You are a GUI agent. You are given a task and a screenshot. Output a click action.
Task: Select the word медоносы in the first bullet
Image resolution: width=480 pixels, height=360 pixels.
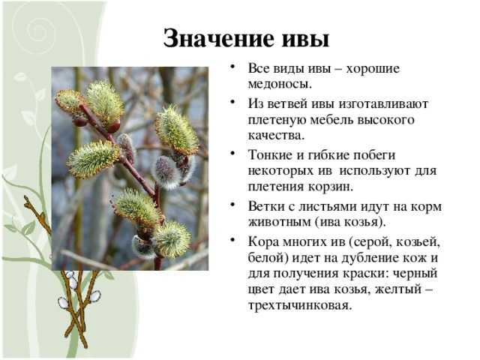point(280,84)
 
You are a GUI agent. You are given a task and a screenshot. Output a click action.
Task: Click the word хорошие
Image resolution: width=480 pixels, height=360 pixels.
point(373,68)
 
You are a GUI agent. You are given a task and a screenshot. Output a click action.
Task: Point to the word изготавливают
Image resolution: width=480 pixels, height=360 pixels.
point(383,104)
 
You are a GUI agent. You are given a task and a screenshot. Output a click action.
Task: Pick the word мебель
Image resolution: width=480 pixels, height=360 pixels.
point(331,120)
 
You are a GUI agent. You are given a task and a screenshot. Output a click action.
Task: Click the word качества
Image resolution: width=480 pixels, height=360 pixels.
point(277,136)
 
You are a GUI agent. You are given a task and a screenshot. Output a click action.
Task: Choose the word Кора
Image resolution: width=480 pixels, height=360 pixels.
point(263,241)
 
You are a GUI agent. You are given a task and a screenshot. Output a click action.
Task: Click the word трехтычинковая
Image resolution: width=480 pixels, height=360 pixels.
point(299,305)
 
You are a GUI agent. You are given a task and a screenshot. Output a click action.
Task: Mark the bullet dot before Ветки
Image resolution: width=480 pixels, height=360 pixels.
point(232,204)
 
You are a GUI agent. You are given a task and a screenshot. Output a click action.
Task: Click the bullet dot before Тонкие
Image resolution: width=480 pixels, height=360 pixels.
point(232,152)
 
